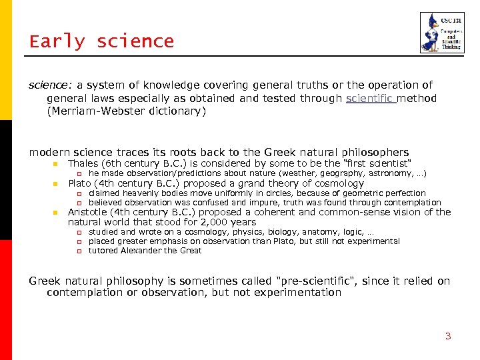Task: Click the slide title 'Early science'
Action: (101, 41)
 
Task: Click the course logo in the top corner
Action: (437, 33)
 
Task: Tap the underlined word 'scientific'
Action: (370, 99)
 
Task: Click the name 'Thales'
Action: (83, 163)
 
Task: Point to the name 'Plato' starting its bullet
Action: (80, 183)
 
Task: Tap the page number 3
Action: (448, 336)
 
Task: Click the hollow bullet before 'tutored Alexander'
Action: (78, 251)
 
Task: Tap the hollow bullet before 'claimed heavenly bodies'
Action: (78, 193)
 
